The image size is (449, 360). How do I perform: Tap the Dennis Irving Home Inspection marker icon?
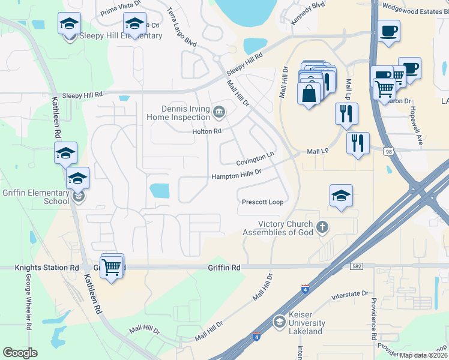(x=218, y=110)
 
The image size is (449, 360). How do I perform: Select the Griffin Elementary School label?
(x=36, y=197)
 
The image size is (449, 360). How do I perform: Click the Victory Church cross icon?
(x=322, y=227)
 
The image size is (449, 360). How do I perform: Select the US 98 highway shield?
(x=389, y=152)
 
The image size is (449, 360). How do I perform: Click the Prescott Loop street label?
(x=262, y=202)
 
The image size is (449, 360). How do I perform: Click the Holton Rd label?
(x=207, y=131)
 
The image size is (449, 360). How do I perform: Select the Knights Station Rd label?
(x=40, y=267)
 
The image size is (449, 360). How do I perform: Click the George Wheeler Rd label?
(x=28, y=302)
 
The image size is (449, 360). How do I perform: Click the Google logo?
(x=20, y=353)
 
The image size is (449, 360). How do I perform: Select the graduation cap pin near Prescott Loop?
(x=341, y=196)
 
